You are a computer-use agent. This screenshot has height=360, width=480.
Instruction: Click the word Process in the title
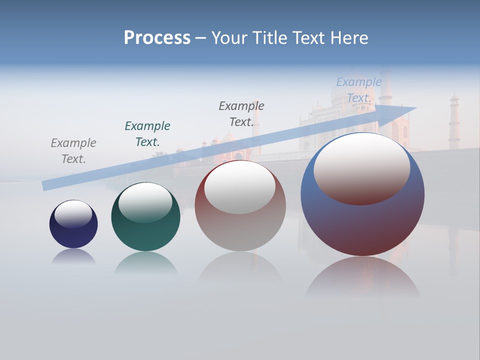click(x=157, y=38)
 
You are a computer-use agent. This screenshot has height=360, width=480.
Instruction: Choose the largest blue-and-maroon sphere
click(x=362, y=225)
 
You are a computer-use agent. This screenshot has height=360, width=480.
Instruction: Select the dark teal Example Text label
click(x=147, y=134)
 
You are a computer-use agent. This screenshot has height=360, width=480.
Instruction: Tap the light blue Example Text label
click(x=358, y=90)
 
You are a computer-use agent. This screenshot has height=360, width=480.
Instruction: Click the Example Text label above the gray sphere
click(x=241, y=114)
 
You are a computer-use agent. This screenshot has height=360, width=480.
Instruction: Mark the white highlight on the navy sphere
click(x=73, y=214)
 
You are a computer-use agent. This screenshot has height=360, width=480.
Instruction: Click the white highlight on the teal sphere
click(x=145, y=201)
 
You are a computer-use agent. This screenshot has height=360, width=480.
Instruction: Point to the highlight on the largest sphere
click(x=362, y=167)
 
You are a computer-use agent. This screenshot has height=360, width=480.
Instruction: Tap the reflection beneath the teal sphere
click(x=145, y=262)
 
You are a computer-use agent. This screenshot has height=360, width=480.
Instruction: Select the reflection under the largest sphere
click(x=362, y=277)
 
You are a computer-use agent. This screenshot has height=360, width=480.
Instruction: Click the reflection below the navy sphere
click(x=73, y=256)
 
